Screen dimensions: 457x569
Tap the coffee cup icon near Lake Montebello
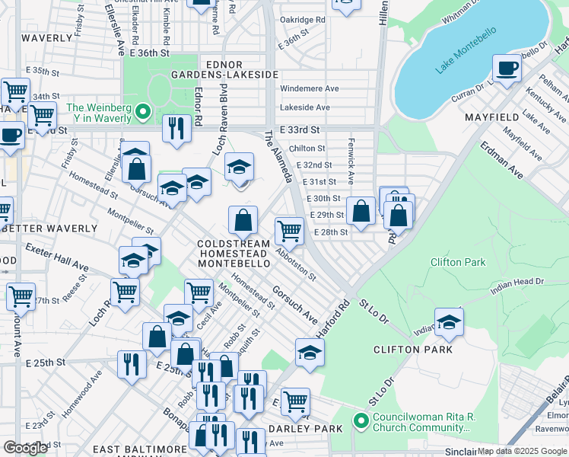click(x=507, y=69)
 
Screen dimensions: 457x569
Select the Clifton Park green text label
click(x=458, y=262)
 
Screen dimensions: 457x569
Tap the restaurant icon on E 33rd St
click(x=176, y=129)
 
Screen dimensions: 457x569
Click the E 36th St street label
click(x=148, y=53)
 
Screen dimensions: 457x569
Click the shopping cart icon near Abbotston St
click(x=289, y=231)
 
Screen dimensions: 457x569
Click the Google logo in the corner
click(x=25, y=448)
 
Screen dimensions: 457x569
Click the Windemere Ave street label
click(x=310, y=88)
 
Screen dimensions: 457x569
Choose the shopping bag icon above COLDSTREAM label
click(x=243, y=221)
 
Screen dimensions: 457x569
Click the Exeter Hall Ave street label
click(x=57, y=259)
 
